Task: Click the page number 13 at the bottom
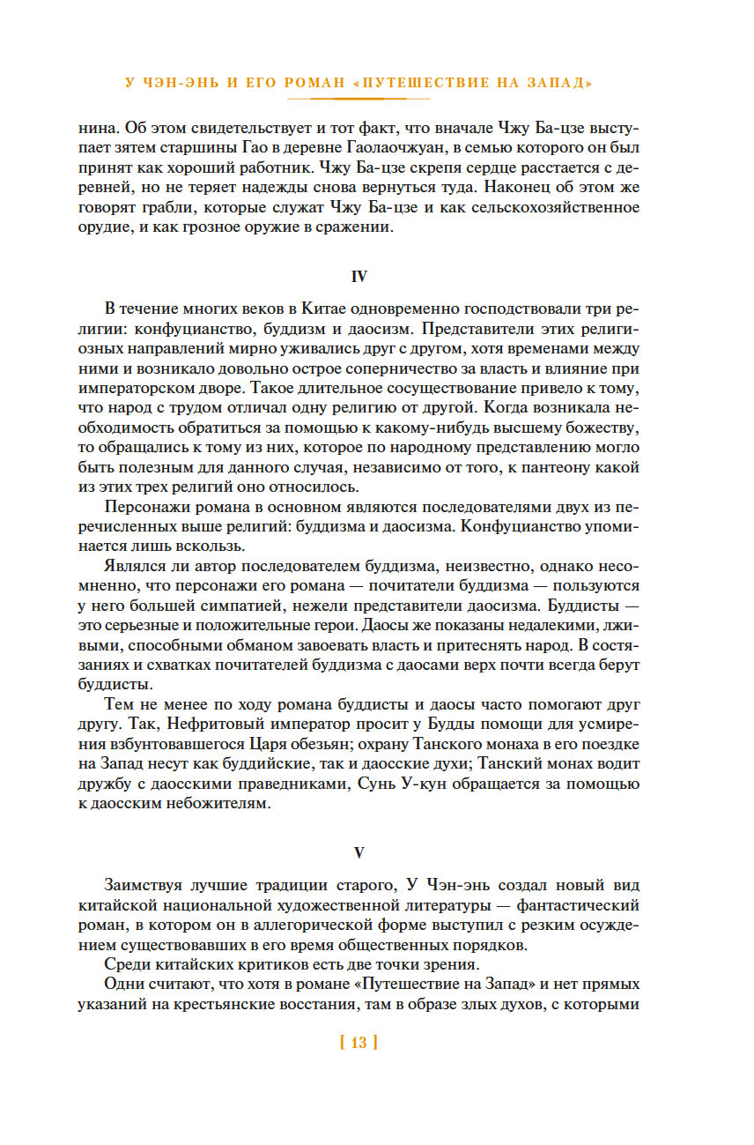click(358, 1043)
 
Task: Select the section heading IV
click(359, 277)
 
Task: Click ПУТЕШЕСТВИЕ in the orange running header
click(431, 83)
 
